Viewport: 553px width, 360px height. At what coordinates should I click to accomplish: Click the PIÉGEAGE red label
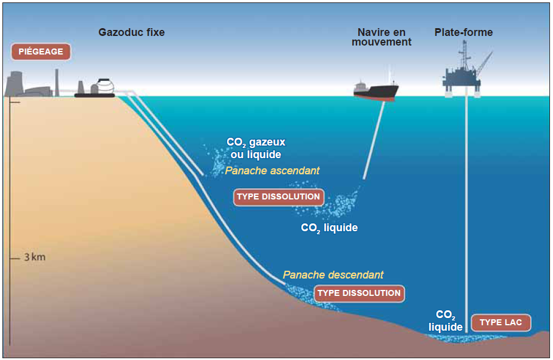coord(41,52)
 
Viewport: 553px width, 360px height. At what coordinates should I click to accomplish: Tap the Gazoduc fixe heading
coord(131,32)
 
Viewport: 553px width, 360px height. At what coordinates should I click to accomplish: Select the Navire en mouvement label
coord(381,37)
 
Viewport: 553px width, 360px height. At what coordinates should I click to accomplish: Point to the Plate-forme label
coord(463,32)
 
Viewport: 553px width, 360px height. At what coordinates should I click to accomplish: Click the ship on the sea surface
coord(376,90)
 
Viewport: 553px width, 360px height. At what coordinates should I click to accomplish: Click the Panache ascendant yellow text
coord(272,171)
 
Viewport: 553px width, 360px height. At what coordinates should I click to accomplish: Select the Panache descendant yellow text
coord(333,275)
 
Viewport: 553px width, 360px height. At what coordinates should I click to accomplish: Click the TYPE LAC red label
coord(501,322)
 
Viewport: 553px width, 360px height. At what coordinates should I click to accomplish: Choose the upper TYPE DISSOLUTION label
coord(278,196)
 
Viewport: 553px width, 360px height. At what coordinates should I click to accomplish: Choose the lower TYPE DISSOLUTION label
coord(358,293)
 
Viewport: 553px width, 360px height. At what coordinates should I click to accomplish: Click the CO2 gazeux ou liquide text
coord(256,148)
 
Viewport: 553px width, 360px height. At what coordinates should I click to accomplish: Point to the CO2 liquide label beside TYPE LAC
coord(445,321)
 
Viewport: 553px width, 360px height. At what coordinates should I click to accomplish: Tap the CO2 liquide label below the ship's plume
coord(329,228)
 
